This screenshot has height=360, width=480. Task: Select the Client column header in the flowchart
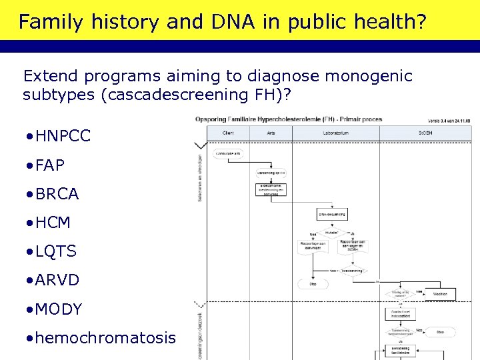tap(227, 133)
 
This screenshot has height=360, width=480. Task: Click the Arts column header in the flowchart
tap(271, 133)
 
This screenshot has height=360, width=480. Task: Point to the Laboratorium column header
tap(335, 133)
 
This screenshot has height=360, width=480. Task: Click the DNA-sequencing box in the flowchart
tap(332, 215)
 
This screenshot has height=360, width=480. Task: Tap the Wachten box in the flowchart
tap(440, 293)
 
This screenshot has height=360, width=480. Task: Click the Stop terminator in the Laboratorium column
tap(313, 284)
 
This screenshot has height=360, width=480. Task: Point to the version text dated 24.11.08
tap(448, 121)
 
